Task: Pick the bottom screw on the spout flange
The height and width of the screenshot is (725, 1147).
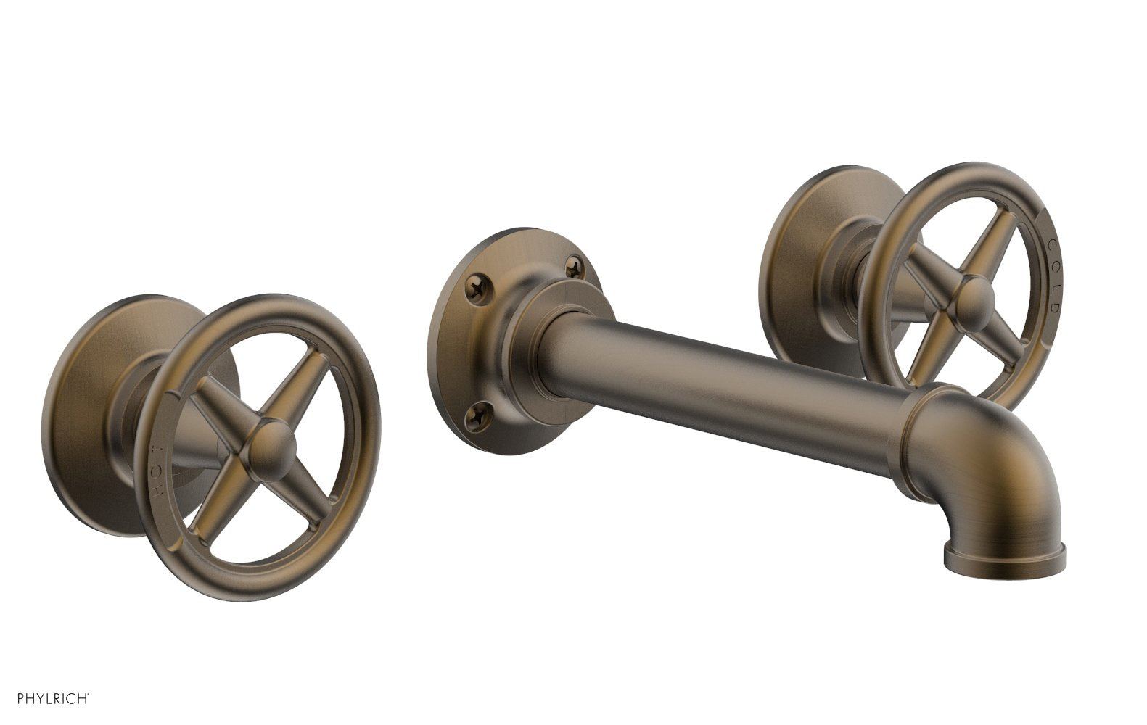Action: click(x=479, y=415)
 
